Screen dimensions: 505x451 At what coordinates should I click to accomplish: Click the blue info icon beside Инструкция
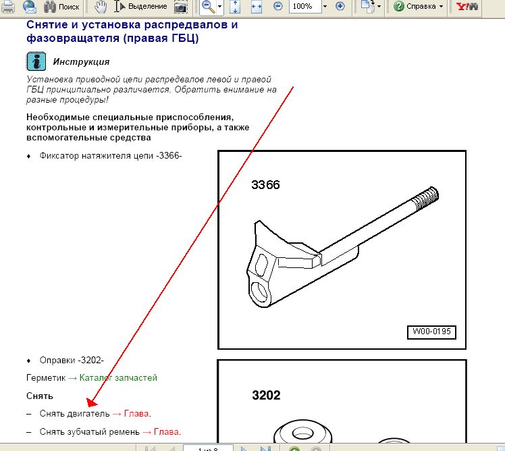point(36,61)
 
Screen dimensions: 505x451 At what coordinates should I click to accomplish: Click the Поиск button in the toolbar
point(61,7)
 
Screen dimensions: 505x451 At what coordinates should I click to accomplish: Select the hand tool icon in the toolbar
point(101,7)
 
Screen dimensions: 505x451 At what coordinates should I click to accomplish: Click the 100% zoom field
point(304,6)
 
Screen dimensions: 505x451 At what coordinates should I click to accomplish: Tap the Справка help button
point(418,6)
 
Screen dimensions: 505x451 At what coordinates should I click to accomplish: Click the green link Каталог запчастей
point(118,377)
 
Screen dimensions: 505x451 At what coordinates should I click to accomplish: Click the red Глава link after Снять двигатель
point(136,413)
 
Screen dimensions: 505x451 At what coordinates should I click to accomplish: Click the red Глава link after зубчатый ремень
point(166,431)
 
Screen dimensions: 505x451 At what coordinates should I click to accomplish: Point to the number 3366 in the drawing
point(266,185)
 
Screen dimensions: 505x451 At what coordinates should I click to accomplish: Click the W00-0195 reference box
point(431,332)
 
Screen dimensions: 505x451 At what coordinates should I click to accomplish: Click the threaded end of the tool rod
point(426,197)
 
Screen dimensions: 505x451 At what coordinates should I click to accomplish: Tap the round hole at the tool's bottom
point(259,292)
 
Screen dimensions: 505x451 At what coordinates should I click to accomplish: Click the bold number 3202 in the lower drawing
point(266,395)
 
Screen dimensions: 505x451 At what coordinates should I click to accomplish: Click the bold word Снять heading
point(40,396)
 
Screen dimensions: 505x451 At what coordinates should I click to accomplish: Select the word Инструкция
point(82,61)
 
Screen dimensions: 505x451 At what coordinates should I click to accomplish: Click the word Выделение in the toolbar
point(147,6)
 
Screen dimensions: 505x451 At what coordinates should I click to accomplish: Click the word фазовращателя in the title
point(73,38)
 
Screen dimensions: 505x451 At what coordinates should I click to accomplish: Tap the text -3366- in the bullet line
point(169,155)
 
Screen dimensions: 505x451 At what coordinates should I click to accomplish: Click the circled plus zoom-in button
point(340,6)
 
